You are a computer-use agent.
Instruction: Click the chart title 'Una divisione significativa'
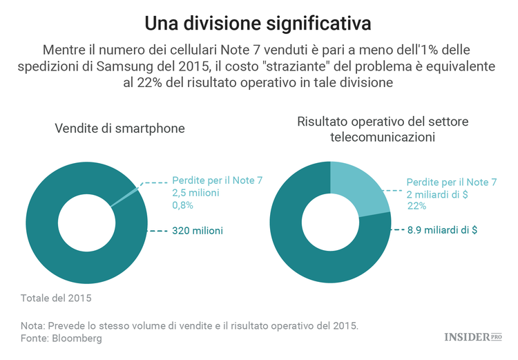(258, 23)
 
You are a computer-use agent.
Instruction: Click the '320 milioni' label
(197, 230)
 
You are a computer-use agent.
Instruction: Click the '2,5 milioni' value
(195, 193)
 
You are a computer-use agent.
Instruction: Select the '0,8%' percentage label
(183, 205)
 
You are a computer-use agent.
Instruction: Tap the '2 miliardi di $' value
(437, 194)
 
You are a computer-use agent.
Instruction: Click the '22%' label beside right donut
(416, 206)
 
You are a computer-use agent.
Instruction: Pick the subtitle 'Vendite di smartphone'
(119, 129)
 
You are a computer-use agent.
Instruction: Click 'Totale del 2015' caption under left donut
(56, 299)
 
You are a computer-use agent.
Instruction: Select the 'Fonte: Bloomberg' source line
(61, 339)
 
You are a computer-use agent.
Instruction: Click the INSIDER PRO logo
(472, 337)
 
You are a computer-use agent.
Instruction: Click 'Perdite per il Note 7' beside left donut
(217, 180)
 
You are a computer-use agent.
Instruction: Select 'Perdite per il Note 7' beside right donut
(451, 182)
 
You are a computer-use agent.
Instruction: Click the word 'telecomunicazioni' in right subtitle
(382, 137)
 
